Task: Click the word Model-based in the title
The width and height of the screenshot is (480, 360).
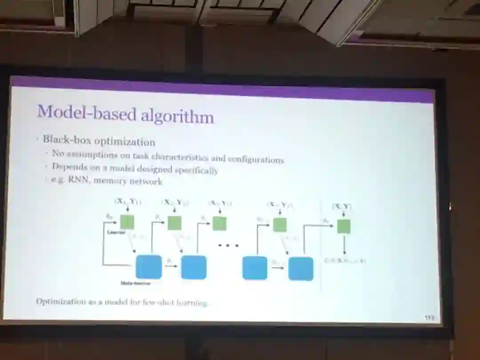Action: coord(86,112)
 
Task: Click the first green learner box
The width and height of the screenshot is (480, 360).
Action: coord(127,221)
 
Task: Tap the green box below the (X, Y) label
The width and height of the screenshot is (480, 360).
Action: coord(343,226)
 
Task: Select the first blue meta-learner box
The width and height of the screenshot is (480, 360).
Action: coord(148,267)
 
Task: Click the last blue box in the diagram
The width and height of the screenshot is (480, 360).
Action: coord(300,268)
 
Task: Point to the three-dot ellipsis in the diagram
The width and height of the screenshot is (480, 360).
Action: coord(228,245)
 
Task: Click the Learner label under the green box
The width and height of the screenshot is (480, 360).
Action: coord(116,232)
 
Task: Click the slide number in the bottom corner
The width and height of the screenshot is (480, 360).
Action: coord(429,317)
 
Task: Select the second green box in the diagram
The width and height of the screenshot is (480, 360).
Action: coord(174,223)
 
